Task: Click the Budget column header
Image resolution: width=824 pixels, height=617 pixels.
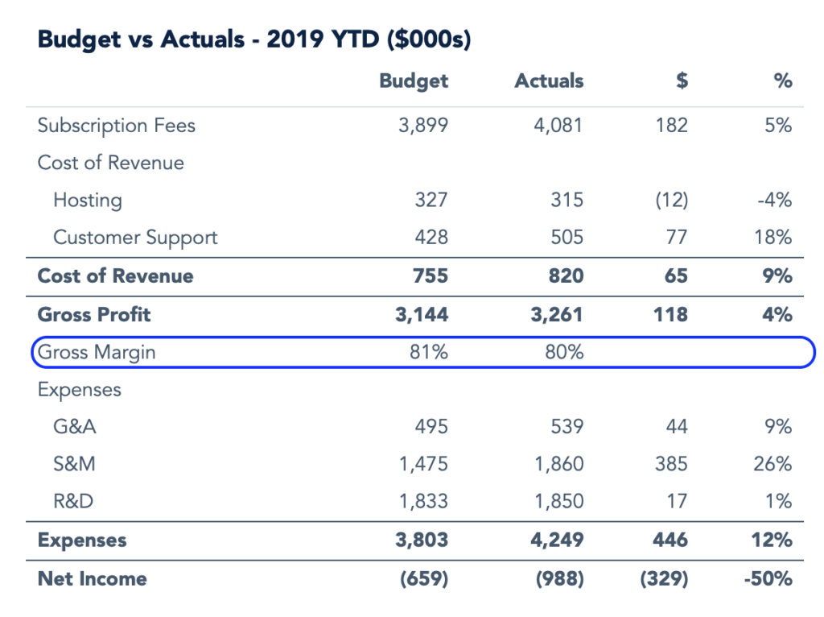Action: (414, 81)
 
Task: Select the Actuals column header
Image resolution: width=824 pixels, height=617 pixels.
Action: (549, 81)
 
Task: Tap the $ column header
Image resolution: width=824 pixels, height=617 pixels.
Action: (681, 81)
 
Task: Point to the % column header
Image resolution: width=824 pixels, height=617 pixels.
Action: (782, 81)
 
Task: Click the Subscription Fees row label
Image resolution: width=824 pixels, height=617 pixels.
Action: (117, 126)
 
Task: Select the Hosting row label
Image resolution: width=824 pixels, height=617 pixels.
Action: (88, 200)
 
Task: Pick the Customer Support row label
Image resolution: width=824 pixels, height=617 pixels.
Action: (135, 238)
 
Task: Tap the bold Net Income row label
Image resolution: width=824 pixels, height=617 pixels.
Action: (92, 578)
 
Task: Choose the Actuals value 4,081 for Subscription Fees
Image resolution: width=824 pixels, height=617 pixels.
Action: (560, 126)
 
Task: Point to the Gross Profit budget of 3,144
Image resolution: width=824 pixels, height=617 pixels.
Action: (423, 314)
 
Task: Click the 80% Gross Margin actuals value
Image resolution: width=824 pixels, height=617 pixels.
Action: (566, 352)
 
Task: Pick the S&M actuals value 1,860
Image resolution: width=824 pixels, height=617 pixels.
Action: (560, 464)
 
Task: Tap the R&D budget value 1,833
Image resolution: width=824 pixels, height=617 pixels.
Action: (424, 502)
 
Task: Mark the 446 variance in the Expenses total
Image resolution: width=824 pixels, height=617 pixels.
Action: (671, 540)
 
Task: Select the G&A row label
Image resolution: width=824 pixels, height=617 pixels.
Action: (75, 426)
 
